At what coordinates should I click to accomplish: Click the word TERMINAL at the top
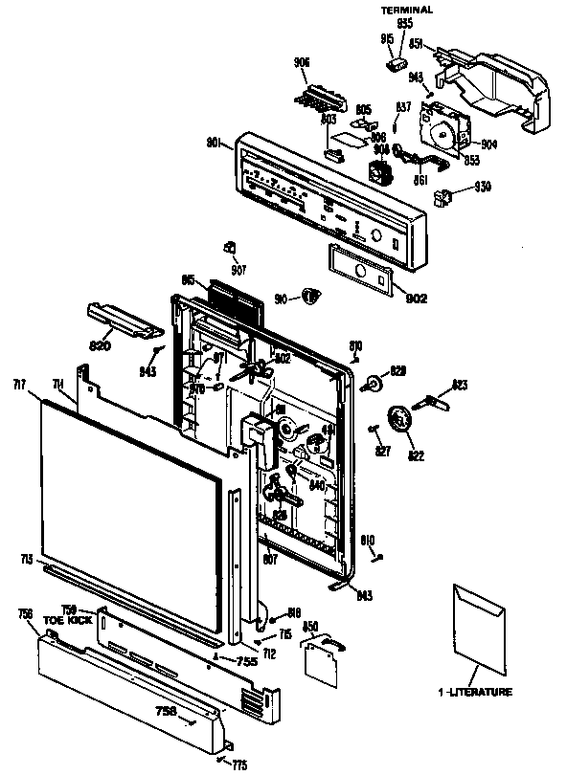407,9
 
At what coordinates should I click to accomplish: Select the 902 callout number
416,298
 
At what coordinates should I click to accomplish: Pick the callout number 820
101,343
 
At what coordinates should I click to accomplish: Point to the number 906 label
302,63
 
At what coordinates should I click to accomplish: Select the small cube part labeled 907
230,248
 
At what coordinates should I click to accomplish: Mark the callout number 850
310,627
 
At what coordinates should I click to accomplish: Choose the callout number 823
460,386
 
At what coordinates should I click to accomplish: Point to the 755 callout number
246,660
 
